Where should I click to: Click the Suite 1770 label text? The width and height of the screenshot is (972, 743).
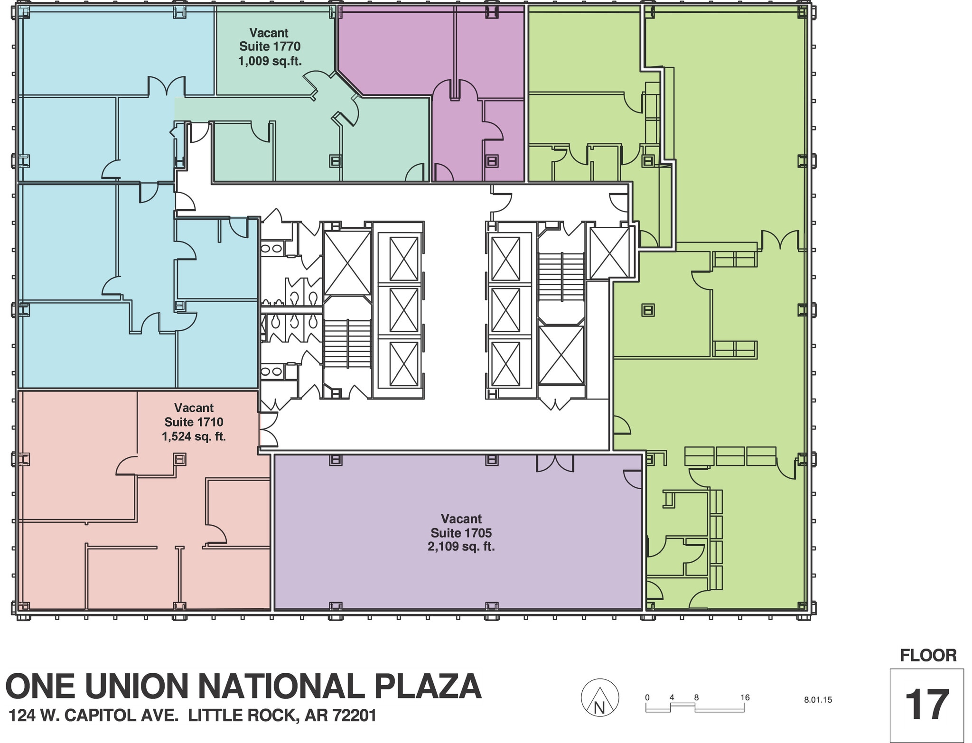[270, 46]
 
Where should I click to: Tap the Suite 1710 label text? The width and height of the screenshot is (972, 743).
[194, 422]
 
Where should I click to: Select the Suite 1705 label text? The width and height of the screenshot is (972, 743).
[461, 532]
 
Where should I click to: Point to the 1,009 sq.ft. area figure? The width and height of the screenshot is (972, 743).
[270, 61]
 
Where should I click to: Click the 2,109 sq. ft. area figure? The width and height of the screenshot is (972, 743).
[461, 547]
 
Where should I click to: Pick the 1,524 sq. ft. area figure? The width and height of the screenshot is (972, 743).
[194, 436]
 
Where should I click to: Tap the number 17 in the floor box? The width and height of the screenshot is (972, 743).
[926, 705]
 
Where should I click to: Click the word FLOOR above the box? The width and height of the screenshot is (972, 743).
[928, 655]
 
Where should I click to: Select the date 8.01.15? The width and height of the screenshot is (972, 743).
[818, 699]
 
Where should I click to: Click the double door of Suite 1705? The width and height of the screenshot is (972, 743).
[555, 463]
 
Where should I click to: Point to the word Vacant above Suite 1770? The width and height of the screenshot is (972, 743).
[269, 33]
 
